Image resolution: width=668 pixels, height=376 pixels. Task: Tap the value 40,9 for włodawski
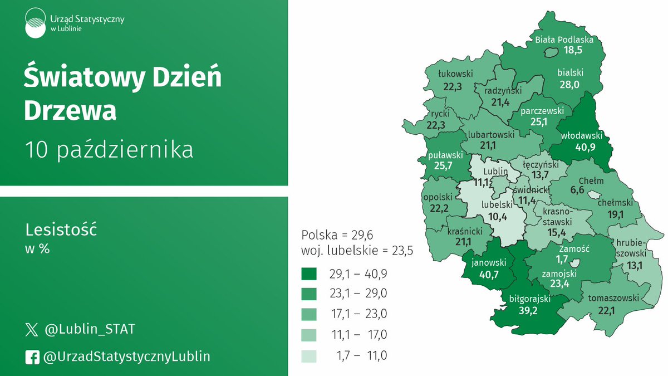pyautogui.click(x=586, y=147)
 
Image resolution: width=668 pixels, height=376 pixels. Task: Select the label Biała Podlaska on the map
pyautogui.click(x=564, y=40)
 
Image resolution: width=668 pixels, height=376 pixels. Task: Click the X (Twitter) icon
pyautogui.click(x=32, y=330)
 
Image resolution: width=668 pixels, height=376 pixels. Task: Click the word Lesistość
pyautogui.click(x=61, y=230)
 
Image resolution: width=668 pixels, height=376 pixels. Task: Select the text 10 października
pyautogui.click(x=109, y=150)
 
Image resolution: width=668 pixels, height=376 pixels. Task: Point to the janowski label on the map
pyautogui.click(x=488, y=262)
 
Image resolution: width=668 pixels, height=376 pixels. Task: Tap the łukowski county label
pyautogui.click(x=455, y=73)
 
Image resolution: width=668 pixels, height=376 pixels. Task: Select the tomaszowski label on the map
pyautogui.click(x=614, y=298)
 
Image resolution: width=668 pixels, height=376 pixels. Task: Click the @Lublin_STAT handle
pyautogui.click(x=89, y=330)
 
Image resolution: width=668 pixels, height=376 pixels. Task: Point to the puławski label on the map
pyautogui.click(x=443, y=154)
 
